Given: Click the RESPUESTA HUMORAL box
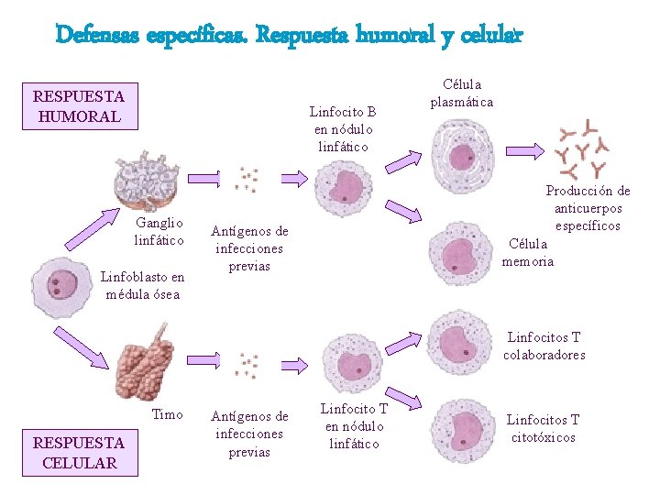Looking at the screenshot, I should pos(79,105).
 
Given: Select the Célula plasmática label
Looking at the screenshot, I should pos(462,93).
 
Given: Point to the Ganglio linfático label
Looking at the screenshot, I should pos(159,231).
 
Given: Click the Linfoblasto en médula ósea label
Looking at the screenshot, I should pos(142,285).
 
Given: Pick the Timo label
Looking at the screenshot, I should pos(167,414).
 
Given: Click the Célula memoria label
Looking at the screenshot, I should pos(528,252).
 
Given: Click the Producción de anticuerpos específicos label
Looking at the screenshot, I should pos(588,208).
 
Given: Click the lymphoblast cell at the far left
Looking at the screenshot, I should pos(61,286).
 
